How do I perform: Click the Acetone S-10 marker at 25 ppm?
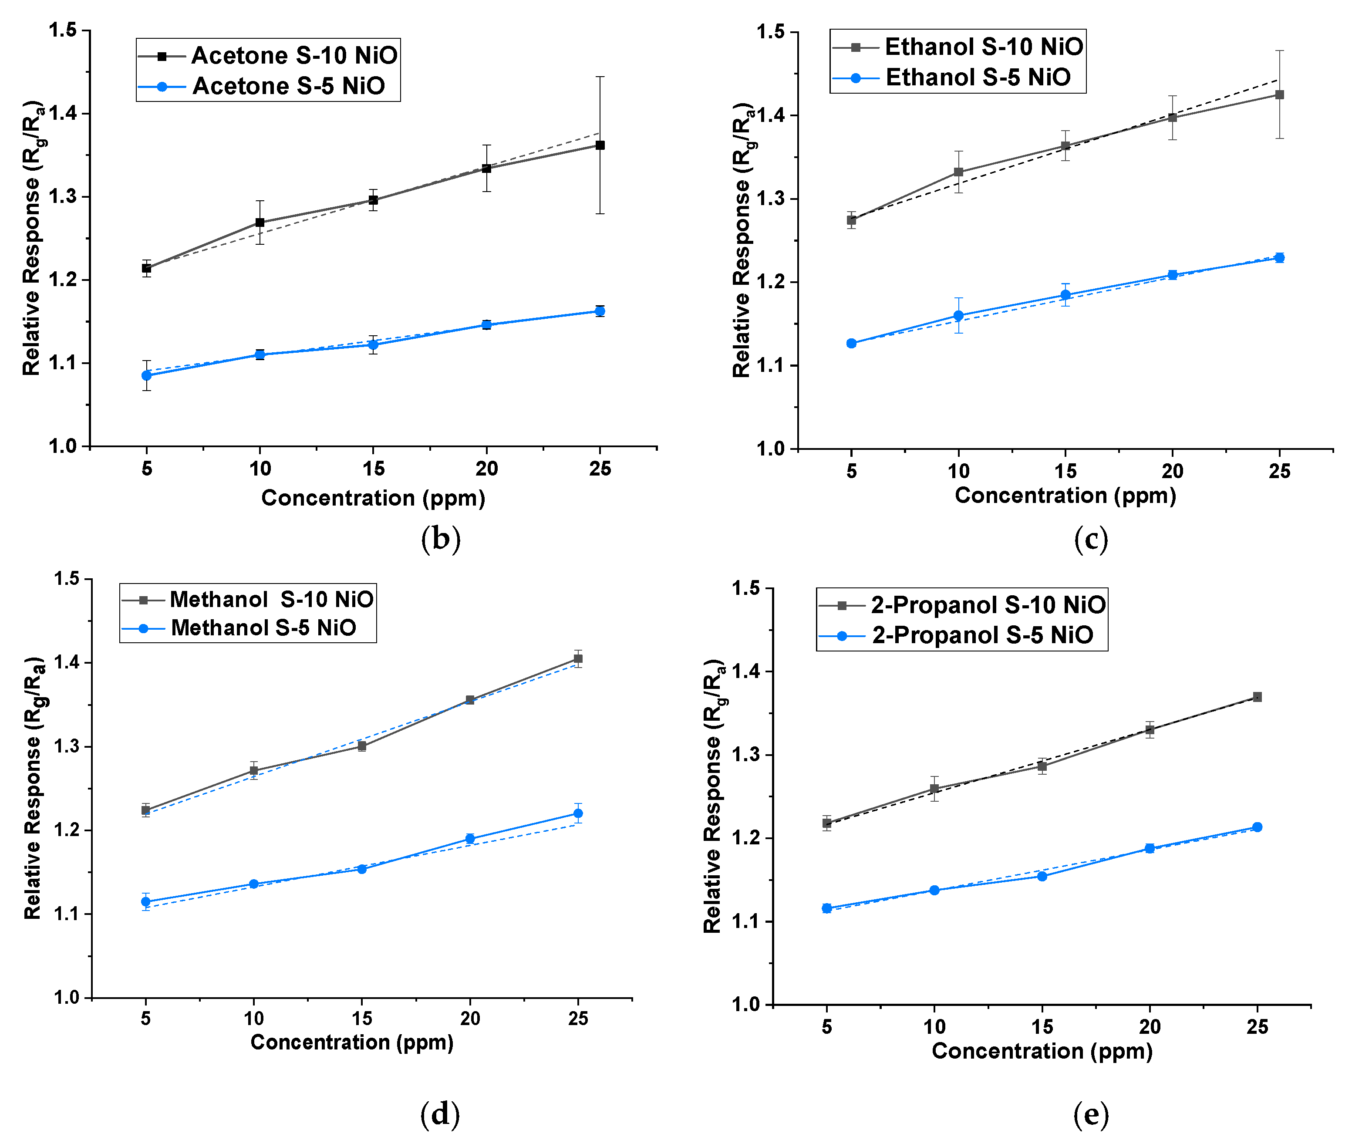pos(600,145)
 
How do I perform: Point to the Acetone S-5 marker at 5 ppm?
pos(147,375)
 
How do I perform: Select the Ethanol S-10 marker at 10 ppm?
pos(958,172)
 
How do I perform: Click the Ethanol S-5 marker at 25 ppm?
pos(1279,258)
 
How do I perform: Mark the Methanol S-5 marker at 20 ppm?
pos(470,839)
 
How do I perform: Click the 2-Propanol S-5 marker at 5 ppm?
pos(827,908)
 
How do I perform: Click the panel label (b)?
pos(441,538)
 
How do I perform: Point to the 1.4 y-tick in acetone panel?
pos(63,114)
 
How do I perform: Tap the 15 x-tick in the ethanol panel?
pos(1065,471)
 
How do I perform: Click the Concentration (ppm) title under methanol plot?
pos(352,1042)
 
